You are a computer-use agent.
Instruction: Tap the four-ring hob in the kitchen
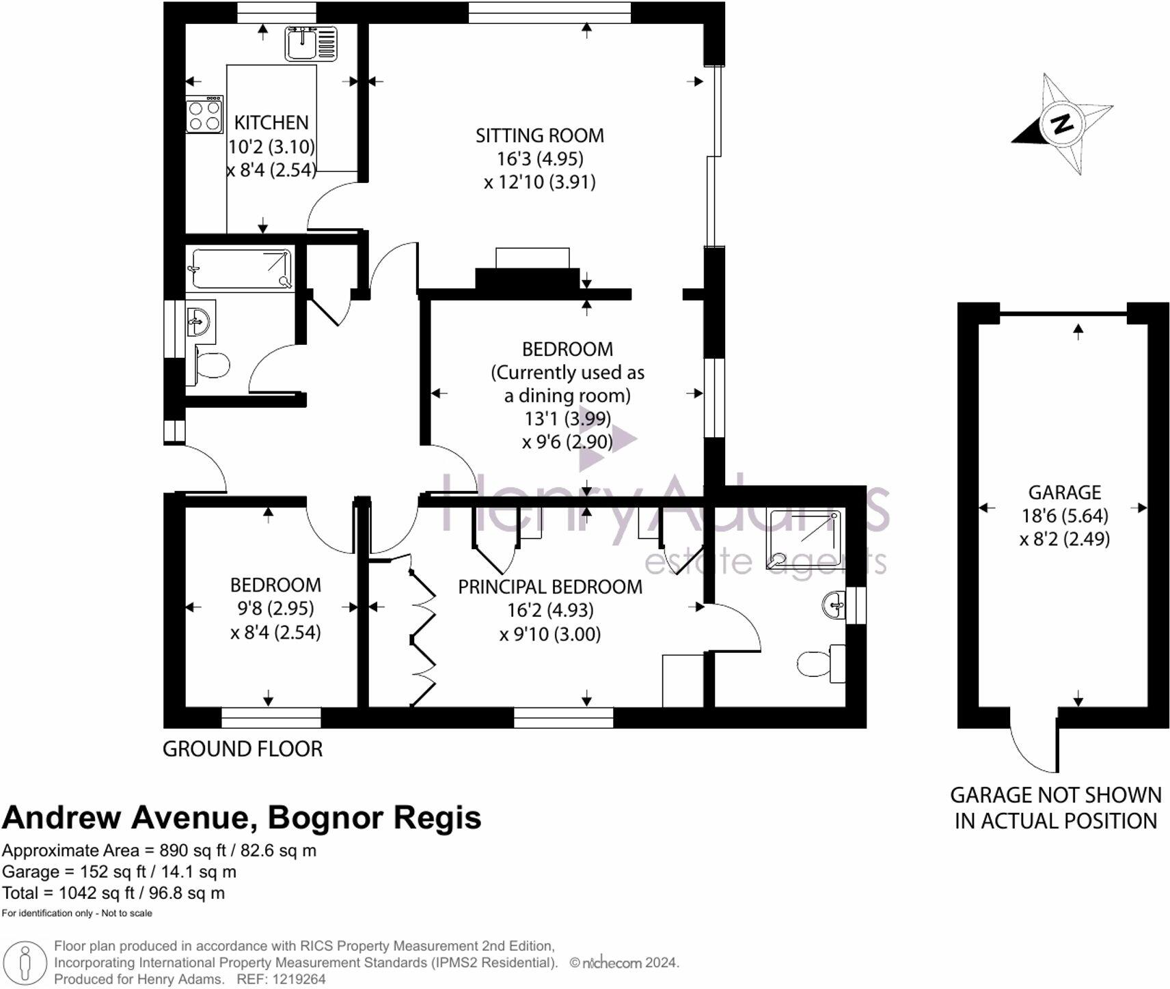pos(204,115)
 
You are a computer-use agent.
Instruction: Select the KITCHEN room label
pos(271,123)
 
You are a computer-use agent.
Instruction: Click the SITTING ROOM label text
pos(539,136)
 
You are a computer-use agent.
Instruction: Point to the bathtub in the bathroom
pos(241,269)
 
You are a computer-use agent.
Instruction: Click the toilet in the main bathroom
pos(212,365)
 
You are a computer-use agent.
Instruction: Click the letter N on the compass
pos(1062,124)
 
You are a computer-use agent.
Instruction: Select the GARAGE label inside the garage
pos(1064,492)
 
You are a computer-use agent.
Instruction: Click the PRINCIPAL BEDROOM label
pos(549,587)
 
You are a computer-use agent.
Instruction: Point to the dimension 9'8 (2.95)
pos(275,608)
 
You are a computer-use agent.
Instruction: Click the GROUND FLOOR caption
pos(242,749)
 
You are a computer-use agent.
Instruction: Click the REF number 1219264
pos(299,979)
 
